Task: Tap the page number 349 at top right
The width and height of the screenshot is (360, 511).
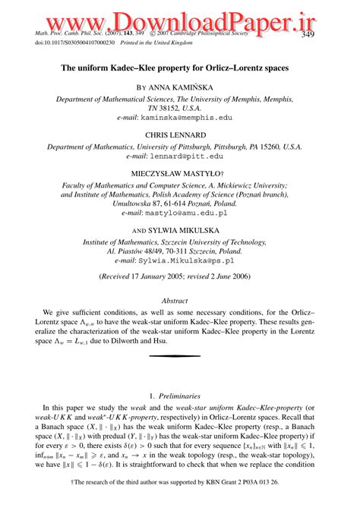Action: [x=308, y=35]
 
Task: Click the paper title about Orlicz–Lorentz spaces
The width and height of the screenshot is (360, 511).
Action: [x=180, y=67]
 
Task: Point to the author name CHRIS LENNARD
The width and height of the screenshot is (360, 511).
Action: [x=180, y=137]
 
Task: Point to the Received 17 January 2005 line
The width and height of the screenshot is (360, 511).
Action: [x=180, y=278]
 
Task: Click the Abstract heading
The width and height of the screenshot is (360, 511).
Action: [x=180, y=301]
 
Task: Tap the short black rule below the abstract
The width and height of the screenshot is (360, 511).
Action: [x=180, y=355]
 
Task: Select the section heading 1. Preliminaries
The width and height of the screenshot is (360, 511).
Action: [x=180, y=396]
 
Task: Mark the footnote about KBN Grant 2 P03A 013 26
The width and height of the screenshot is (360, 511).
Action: [x=180, y=482]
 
